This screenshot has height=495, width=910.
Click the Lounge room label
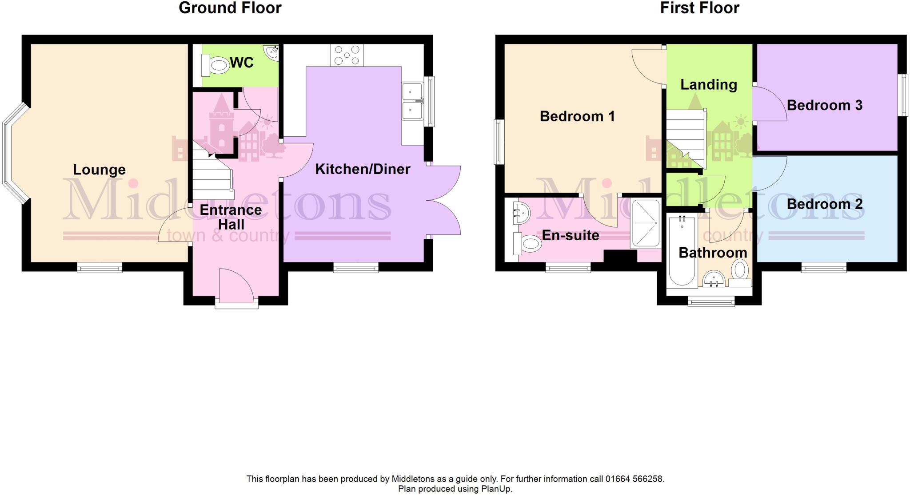99,170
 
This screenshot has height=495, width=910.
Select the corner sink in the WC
271,52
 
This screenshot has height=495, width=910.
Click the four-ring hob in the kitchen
347,55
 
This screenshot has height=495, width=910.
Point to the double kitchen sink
412,101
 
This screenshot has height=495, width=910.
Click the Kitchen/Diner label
363,169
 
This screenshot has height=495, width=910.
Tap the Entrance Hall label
231,217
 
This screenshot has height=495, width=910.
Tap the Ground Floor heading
230,8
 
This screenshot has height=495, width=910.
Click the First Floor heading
699,8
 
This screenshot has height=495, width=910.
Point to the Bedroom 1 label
577,116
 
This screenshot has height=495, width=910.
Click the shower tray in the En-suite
646,224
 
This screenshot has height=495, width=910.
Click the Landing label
708,84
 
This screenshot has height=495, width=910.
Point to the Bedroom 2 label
824,204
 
